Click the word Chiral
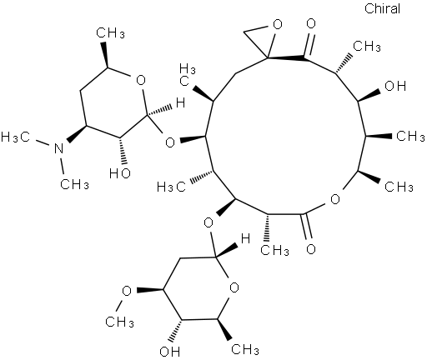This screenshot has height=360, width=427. click(382, 8)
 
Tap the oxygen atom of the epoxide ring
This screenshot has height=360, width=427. click(277, 24)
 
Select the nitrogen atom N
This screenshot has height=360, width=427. click(58, 148)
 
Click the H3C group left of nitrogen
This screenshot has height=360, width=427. click(15, 137)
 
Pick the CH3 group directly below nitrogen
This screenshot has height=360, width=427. click(74, 184)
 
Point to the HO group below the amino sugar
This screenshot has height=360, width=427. click(120, 173)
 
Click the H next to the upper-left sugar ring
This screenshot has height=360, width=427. click(180, 103)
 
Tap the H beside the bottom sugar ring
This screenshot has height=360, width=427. click(245, 238)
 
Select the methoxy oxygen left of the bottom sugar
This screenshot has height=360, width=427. click(127, 291)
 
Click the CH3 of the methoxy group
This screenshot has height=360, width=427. click(119, 322)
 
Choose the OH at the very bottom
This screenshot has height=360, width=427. click(170, 352)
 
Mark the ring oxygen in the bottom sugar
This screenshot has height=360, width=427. click(234, 287)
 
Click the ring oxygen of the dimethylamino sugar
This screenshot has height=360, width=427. click(141, 81)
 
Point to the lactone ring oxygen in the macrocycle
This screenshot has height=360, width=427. click(335, 199)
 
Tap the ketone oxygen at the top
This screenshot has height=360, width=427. click(311, 23)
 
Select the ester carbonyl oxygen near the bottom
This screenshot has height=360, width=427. click(310, 248)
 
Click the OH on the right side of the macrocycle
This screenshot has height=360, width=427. click(395, 86)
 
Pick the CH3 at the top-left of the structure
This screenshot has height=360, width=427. click(110, 33)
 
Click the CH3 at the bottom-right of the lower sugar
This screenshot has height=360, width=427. click(245, 349)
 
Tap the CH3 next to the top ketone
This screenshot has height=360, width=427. click(367, 46)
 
